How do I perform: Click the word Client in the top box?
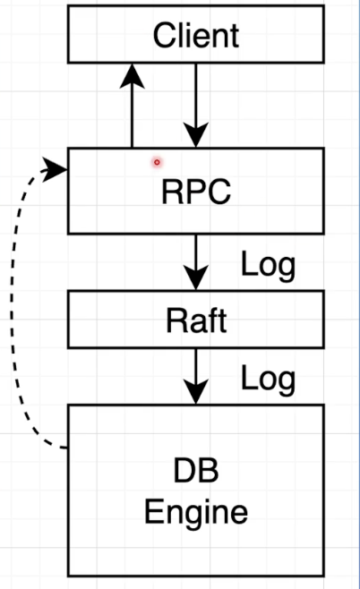pos(195,36)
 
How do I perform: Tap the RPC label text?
pos(195,192)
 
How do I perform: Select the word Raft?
pos(195,320)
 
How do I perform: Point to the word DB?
pos(195,472)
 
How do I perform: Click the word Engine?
pos(195,512)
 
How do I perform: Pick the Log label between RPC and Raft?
pos(268,265)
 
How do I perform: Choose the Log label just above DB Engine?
pos(268,379)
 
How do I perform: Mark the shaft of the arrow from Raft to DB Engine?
pos(195,363)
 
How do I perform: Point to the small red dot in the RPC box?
pos(157,162)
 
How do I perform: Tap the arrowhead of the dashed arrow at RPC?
pos(59,167)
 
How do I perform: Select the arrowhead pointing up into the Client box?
pos(133,75)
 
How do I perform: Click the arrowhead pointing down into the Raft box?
pos(195,279)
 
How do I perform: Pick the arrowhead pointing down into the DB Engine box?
pos(195,392)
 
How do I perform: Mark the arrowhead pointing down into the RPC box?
pos(195,137)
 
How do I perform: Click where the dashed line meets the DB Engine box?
pos(67,447)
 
